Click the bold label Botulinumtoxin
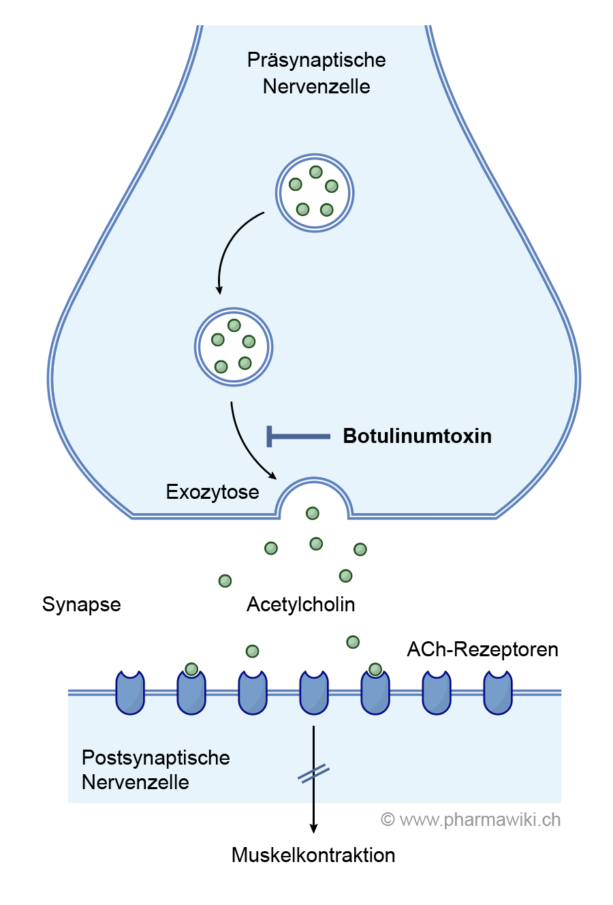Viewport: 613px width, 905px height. point(417,436)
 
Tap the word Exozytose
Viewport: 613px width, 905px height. point(213,492)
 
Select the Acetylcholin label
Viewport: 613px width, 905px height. point(300,604)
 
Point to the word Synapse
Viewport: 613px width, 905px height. point(82,604)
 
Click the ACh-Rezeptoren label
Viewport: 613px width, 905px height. point(482,649)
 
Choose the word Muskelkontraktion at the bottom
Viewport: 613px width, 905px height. point(313,855)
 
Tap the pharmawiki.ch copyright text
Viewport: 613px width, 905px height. point(471,820)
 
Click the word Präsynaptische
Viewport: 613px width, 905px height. point(316,60)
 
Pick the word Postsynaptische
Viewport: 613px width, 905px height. point(156,758)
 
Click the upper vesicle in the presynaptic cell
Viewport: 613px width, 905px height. point(314,193)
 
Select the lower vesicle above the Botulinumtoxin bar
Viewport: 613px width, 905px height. point(234,347)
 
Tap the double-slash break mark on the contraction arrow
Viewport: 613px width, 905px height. point(314,774)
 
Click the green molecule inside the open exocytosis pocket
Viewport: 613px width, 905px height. point(313,513)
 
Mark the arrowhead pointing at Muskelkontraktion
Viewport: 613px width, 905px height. point(313,828)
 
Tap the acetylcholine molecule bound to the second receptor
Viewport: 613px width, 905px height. point(191,669)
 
